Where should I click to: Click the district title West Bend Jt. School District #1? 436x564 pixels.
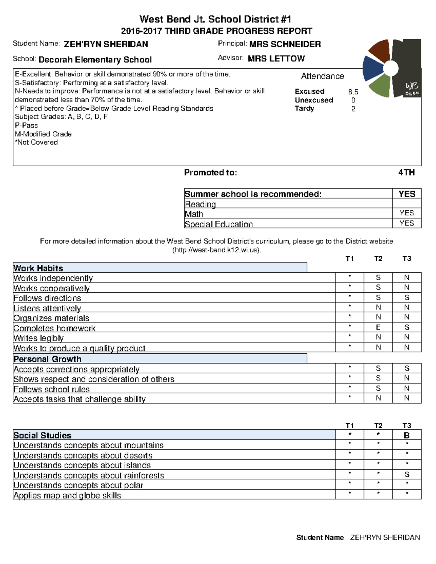(x=215, y=19)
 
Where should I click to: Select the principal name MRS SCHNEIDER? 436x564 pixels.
(x=285, y=44)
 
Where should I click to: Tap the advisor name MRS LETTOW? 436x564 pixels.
(x=276, y=58)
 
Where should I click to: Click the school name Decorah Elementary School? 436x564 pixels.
(x=95, y=60)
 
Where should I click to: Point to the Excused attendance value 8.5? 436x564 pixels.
(x=353, y=92)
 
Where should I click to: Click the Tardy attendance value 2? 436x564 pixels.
(x=353, y=109)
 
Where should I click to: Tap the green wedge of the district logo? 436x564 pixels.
(x=380, y=85)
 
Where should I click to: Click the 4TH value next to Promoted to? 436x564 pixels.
(x=406, y=173)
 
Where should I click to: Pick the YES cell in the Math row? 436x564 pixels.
(x=407, y=213)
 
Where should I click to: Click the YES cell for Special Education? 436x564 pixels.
(x=407, y=223)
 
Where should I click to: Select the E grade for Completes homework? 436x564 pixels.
(x=378, y=327)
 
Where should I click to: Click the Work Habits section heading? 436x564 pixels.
(x=38, y=268)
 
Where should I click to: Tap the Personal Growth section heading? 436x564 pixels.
(x=47, y=359)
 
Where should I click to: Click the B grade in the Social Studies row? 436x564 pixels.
(x=407, y=435)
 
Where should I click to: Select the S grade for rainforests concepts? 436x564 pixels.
(x=407, y=474)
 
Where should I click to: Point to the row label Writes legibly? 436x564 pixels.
(x=39, y=338)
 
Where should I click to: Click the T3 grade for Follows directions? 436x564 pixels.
(x=407, y=297)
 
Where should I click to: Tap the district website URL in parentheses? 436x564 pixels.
(x=217, y=250)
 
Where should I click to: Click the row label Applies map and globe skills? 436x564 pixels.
(x=67, y=495)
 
